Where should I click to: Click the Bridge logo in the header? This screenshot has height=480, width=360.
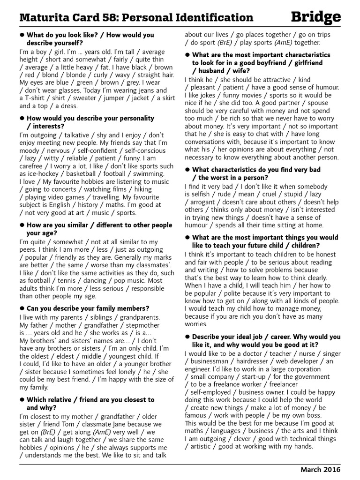pyautogui.click(x=315, y=17)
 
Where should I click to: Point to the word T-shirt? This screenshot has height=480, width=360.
pyautogui.click(x=39, y=98)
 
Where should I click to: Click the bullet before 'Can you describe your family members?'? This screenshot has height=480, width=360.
pyautogui.click(x=22, y=308)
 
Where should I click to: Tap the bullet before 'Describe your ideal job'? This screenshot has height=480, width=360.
pyautogui.click(x=187, y=337)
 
